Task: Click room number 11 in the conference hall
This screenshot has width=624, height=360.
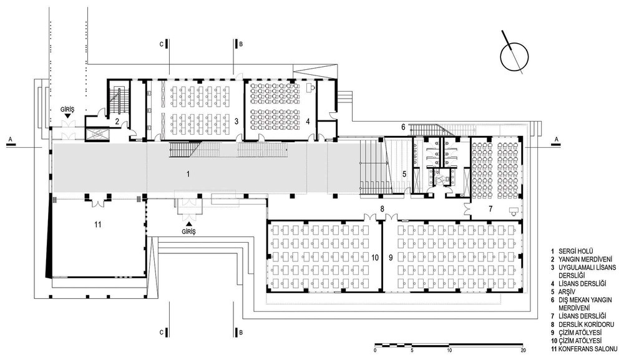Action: [x=98, y=225]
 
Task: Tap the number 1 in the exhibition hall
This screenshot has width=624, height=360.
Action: [x=188, y=174]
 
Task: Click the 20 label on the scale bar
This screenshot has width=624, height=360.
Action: [x=524, y=351]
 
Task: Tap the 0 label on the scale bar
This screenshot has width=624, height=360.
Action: [x=375, y=351]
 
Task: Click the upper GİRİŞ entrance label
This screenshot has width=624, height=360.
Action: [x=67, y=108]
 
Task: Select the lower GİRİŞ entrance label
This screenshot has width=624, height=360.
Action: [x=188, y=231]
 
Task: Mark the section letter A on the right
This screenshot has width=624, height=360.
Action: [x=557, y=139]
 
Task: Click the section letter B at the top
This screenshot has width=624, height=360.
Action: [x=240, y=44]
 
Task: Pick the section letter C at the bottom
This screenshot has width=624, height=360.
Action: [x=162, y=332]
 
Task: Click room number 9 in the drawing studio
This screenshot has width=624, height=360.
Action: [x=391, y=258]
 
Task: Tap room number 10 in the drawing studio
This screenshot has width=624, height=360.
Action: [x=375, y=258]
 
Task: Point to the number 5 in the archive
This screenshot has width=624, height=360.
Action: [x=404, y=174]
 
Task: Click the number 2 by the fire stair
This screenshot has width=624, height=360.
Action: [x=117, y=121]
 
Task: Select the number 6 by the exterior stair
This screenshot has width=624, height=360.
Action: [x=403, y=127]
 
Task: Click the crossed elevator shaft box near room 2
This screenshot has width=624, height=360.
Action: [x=97, y=134]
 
